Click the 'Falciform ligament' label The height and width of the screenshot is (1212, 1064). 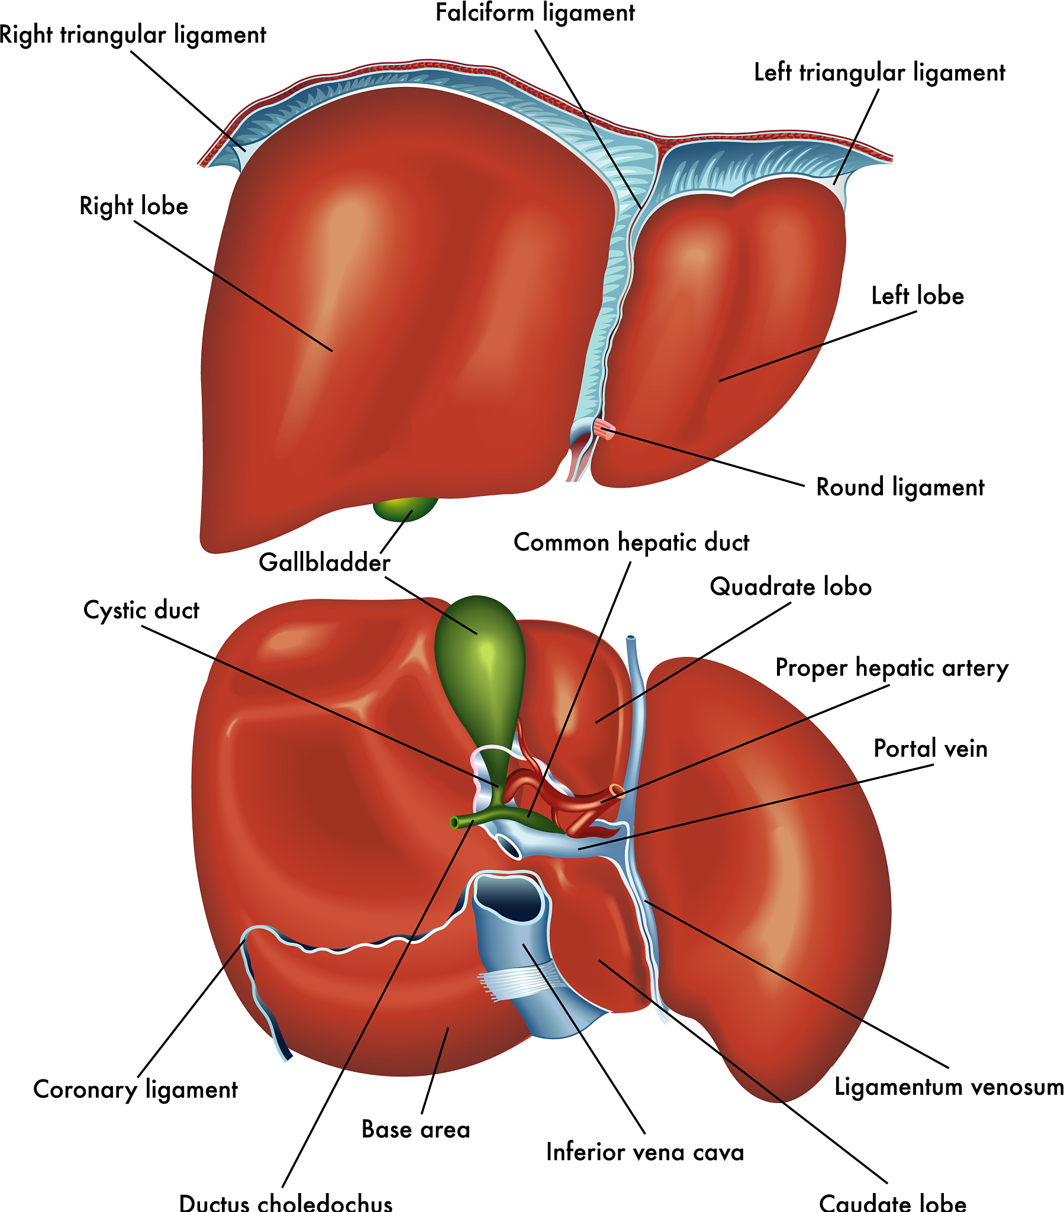534,13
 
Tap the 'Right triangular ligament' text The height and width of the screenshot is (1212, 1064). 132,36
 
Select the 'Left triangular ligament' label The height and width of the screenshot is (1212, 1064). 879,73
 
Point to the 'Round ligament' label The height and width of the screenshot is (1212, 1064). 899,488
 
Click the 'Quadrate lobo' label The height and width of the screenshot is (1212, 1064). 791,587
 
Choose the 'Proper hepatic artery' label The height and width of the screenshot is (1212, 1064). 891,668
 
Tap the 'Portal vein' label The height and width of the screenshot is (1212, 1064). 930,749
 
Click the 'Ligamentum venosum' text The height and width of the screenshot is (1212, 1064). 949,1087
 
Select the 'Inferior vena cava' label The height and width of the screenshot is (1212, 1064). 644,1152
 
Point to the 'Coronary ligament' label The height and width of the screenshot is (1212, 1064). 136,1090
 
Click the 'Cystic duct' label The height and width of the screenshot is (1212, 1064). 141,610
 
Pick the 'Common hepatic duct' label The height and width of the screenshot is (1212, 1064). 631,543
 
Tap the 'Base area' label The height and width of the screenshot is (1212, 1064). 416,1130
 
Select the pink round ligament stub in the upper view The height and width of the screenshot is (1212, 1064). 605,428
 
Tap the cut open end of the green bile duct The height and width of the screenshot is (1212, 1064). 455,822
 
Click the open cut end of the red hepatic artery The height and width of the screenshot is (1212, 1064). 616,790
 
